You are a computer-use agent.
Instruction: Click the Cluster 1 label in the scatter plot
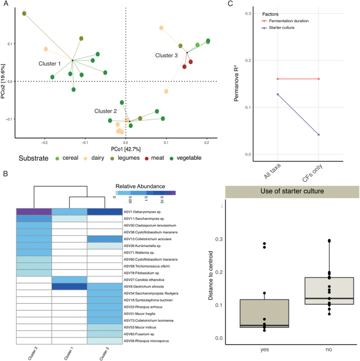(50, 63)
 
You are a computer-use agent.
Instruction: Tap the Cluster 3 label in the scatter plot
(166, 55)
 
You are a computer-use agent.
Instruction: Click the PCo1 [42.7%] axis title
(125, 150)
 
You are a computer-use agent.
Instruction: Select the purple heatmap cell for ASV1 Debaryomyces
(34, 212)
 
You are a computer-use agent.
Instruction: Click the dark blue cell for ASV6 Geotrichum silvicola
(69, 286)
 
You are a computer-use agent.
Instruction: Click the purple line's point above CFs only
(318, 135)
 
